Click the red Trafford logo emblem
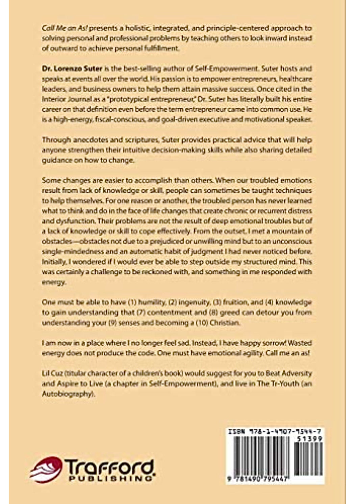click(46, 469)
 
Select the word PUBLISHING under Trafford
click(109, 478)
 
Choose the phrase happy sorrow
click(260, 343)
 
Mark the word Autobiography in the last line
click(67, 394)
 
